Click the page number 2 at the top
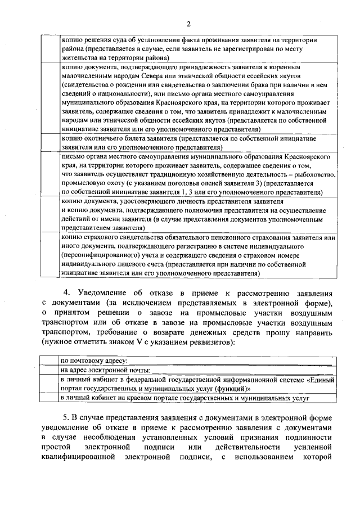(189, 23)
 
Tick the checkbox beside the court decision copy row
(49, 49)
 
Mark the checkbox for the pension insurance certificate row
(49, 256)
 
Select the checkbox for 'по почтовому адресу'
(49, 360)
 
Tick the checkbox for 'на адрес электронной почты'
(49, 370)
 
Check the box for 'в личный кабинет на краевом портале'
(49, 398)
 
